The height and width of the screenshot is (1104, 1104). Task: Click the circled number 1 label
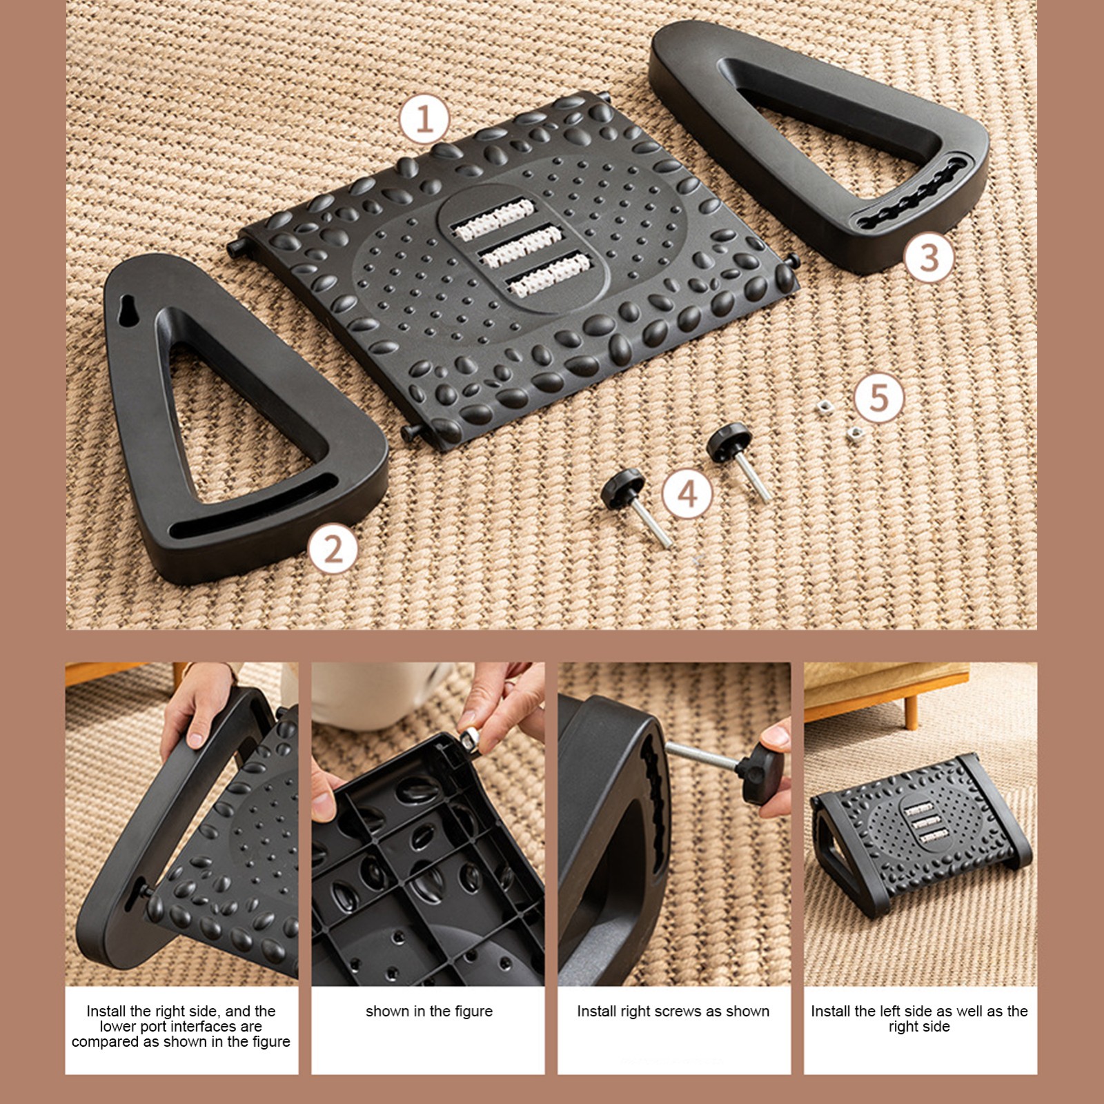(x=424, y=119)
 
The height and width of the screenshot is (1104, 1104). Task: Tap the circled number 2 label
(x=333, y=549)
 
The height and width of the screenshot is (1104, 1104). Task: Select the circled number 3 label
(x=929, y=257)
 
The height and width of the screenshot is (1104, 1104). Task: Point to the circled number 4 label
(x=688, y=494)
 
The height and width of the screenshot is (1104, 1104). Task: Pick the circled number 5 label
(x=879, y=397)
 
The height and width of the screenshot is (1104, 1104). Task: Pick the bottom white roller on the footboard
(x=550, y=273)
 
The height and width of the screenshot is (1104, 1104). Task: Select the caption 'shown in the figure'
(x=429, y=1012)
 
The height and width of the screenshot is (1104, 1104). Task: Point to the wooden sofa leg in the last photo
(x=912, y=711)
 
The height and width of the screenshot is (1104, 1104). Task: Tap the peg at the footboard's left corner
(x=235, y=249)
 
